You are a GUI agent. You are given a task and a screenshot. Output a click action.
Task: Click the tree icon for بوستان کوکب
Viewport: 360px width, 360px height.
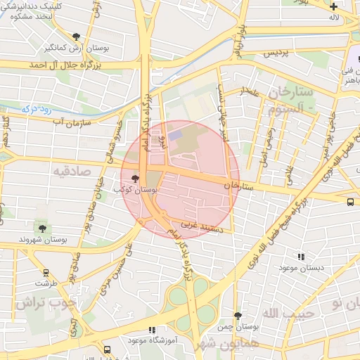click(x=135, y=179)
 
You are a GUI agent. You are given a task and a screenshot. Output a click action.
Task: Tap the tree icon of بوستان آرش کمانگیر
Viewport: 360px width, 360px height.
click(x=76, y=36)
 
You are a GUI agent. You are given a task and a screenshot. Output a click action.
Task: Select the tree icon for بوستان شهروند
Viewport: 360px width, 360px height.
click(x=43, y=228)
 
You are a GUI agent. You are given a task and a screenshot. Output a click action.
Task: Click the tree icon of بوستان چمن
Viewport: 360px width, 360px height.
click(x=238, y=316)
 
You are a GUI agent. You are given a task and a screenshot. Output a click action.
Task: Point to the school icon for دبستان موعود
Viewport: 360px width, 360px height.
click(x=302, y=257)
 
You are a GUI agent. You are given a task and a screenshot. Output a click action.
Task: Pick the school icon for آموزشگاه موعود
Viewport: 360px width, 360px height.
click(x=151, y=330)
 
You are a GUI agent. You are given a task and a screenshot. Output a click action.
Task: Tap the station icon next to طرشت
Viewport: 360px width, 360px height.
click(x=46, y=273)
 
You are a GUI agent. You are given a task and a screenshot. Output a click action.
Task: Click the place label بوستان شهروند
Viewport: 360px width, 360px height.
click(x=44, y=240)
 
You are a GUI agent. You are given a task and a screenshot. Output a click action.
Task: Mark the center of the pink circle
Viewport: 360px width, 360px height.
click(x=180, y=180)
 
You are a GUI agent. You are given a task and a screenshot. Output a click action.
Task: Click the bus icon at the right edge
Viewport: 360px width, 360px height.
click(x=350, y=202)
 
